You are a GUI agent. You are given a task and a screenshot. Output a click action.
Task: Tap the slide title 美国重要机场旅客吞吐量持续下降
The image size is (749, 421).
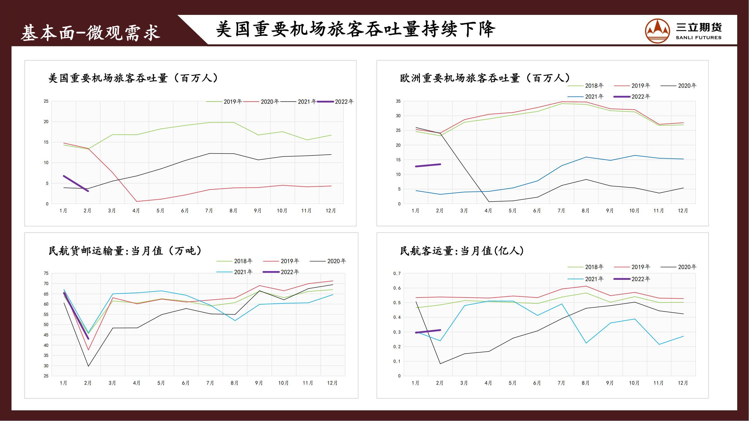coord(355,29)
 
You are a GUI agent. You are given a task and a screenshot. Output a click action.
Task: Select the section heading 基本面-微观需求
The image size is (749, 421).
coord(90,32)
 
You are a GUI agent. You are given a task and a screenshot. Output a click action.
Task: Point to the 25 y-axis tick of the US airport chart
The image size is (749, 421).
coord(46,101)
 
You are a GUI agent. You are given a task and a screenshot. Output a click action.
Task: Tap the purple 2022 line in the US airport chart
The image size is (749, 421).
coord(76,183)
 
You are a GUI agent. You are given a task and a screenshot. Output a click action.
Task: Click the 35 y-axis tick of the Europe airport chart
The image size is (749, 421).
coord(398,101)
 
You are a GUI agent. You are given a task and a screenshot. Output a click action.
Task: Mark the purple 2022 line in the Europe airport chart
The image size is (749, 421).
coord(428,165)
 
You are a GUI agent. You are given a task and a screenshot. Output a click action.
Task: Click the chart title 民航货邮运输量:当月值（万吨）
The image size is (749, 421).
coord(125,251)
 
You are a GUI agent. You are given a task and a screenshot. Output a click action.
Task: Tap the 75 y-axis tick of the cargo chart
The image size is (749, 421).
coord(46,273)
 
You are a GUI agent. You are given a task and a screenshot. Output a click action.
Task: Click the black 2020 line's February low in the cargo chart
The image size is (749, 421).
coord(88,366)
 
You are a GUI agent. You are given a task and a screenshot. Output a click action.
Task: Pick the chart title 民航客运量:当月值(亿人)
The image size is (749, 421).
coord(462,251)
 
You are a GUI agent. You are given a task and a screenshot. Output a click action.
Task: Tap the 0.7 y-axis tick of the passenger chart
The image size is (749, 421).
coord(397,274)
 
